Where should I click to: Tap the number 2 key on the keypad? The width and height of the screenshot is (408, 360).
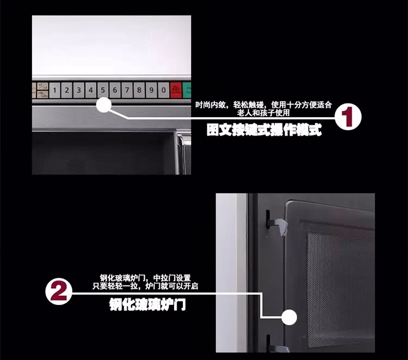(x=67, y=90)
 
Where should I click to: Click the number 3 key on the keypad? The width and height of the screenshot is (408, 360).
(x=79, y=90)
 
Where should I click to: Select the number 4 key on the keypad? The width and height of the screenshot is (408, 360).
(x=91, y=90)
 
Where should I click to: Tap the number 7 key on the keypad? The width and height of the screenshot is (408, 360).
(x=127, y=90)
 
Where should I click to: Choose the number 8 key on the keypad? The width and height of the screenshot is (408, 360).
(x=139, y=90)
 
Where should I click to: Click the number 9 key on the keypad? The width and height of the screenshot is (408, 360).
(x=151, y=90)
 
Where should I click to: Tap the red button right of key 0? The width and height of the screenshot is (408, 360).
(x=176, y=90)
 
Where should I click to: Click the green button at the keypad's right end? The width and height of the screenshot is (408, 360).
(x=188, y=90)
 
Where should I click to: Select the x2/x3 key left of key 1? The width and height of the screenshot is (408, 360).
(x=42, y=90)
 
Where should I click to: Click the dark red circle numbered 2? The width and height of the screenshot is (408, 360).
(x=58, y=291)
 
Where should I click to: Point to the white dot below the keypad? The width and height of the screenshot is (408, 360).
(x=104, y=105)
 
